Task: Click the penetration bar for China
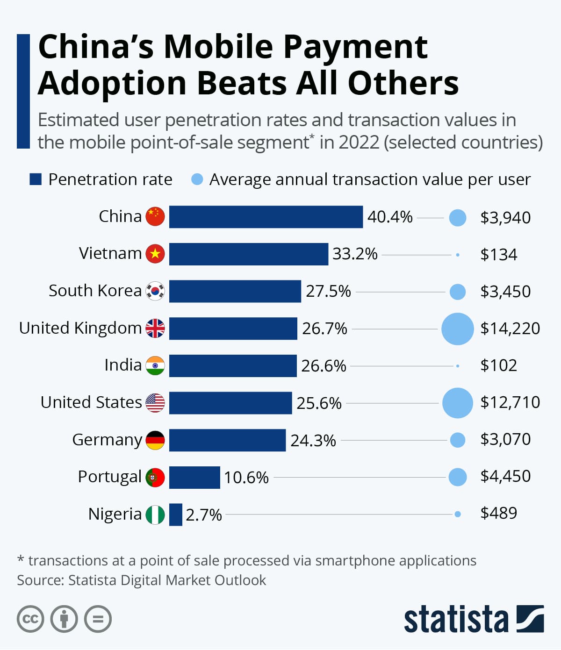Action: pyautogui.click(x=266, y=217)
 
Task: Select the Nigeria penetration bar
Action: pyautogui.click(x=175, y=514)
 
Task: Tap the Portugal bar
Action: pyautogui.click(x=194, y=477)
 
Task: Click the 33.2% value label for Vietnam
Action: pyautogui.click(x=355, y=254)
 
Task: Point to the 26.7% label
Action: pyautogui.click(x=324, y=329)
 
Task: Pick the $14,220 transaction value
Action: pyautogui.click(x=510, y=329)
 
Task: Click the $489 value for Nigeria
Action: pyautogui.click(x=499, y=513)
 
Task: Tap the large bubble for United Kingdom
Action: pyautogui.click(x=457, y=329)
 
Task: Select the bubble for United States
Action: pyautogui.click(x=457, y=403)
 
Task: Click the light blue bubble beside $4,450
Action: pyautogui.click(x=457, y=477)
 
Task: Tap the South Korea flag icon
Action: pyautogui.click(x=155, y=291)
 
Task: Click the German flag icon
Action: pyautogui.click(x=155, y=440)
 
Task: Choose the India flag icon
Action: pyautogui.click(x=155, y=365)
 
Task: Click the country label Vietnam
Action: pyautogui.click(x=110, y=253)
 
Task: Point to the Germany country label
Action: pyautogui.click(x=107, y=440)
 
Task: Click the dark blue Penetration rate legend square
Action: pyautogui.click(x=36, y=179)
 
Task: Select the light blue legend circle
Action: pyautogui.click(x=197, y=179)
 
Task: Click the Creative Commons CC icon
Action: pyautogui.click(x=30, y=619)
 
